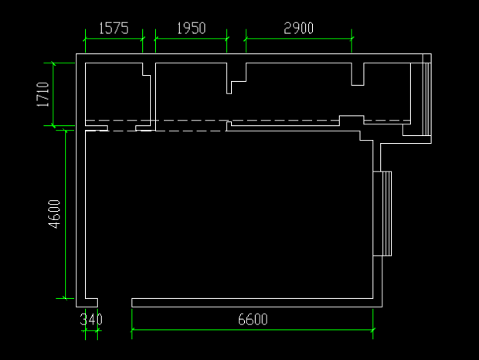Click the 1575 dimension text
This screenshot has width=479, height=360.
click(x=114, y=28)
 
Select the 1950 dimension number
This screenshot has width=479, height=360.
click(x=192, y=28)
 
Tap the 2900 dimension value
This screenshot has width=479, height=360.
click(x=298, y=28)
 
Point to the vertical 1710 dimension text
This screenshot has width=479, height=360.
click(x=42, y=94)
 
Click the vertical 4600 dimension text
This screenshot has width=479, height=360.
click(x=54, y=214)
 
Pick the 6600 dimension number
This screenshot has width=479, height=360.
click(x=253, y=319)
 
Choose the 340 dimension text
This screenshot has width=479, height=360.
click(x=91, y=319)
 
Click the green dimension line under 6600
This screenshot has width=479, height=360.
click(x=253, y=330)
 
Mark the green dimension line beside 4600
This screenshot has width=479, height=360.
click(x=66, y=214)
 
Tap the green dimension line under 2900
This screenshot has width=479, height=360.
click(x=299, y=39)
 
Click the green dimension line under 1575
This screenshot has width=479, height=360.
click(x=114, y=39)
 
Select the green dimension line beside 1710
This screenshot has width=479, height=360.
click(x=53, y=94)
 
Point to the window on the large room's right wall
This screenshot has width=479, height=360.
click(x=382, y=213)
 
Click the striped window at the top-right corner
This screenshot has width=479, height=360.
click(x=427, y=95)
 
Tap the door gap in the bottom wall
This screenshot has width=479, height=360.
click(x=115, y=303)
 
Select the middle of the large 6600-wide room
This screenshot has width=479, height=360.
click(x=229, y=215)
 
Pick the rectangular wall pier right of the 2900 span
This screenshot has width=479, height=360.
click(x=358, y=74)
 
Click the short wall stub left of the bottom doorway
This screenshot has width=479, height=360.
click(x=91, y=303)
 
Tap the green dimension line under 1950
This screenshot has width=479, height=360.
click(x=192, y=39)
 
